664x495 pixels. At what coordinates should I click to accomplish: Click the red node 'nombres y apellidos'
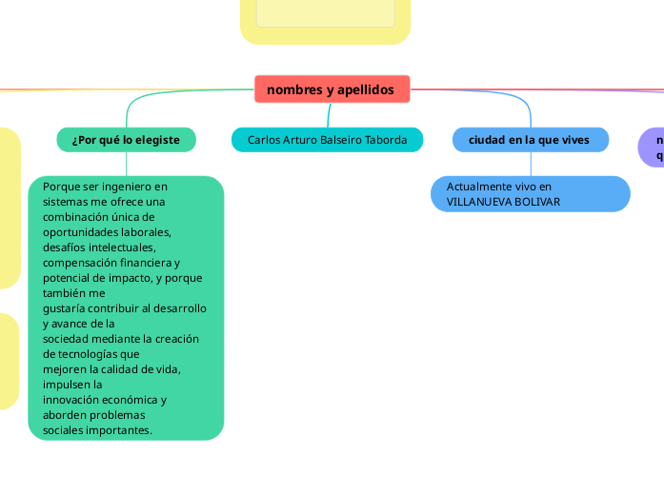(x=332, y=89)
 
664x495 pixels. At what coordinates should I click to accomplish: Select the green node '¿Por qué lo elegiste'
(x=126, y=140)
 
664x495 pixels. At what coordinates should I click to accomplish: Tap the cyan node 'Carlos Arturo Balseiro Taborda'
(x=327, y=140)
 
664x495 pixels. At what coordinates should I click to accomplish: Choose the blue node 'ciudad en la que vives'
(x=529, y=140)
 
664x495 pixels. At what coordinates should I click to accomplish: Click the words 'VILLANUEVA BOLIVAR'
(x=503, y=202)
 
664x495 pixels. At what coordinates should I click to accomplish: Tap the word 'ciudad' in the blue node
(x=487, y=140)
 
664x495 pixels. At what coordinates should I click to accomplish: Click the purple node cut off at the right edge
(x=654, y=148)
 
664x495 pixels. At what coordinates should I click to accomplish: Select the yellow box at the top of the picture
(x=325, y=19)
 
